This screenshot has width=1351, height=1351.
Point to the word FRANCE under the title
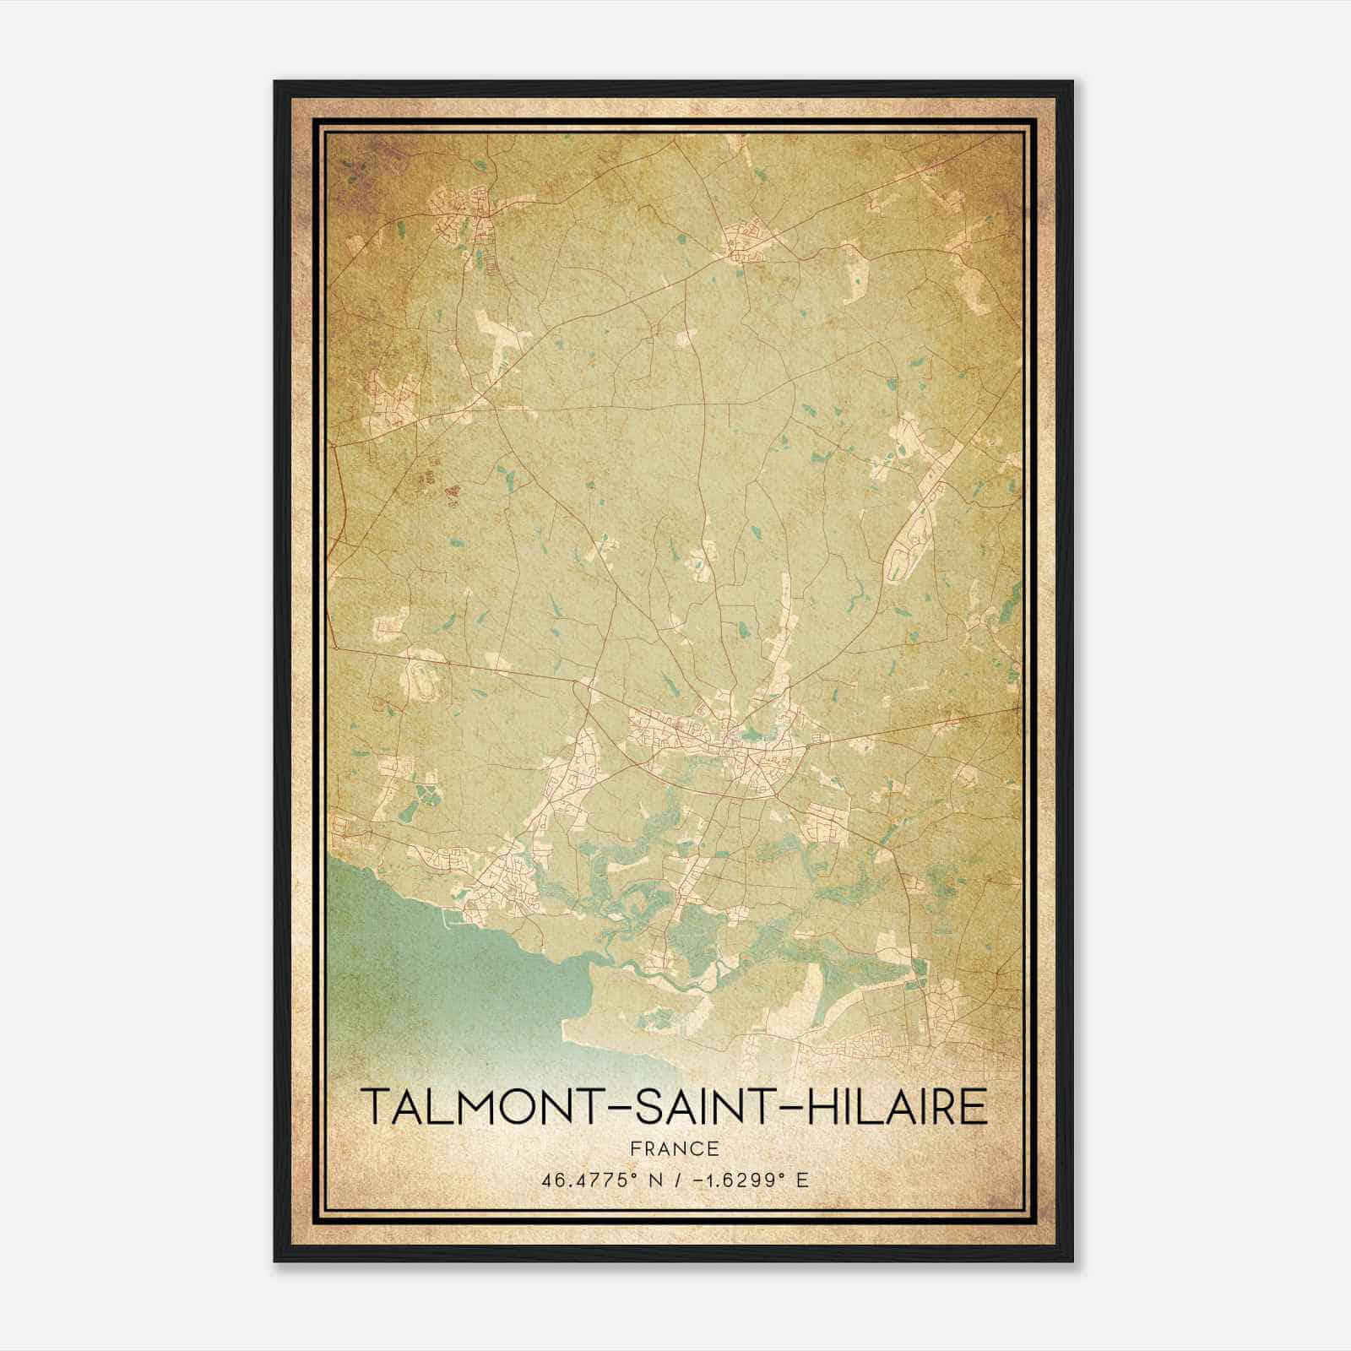tap(674, 1148)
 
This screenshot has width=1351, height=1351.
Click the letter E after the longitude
tap(802, 1180)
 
